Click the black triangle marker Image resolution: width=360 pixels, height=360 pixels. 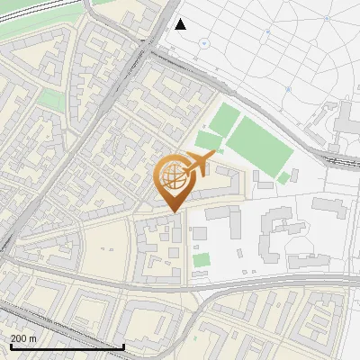[181, 24]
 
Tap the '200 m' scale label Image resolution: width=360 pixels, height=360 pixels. [23, 338]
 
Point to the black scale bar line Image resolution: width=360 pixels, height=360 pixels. [67, 346]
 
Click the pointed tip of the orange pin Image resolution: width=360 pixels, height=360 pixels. [175, 212]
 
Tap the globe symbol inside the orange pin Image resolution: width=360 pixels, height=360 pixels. [174, 178]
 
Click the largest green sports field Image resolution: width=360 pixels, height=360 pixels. [258, 144]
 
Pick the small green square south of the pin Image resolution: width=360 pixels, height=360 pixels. [202, 260]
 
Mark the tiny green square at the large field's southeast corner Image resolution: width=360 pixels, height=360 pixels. [284, 177]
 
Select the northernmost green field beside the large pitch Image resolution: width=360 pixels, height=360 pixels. [226, 118]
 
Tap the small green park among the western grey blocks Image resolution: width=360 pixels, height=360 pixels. [51, 100]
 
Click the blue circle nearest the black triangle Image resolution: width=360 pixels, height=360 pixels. [204, 42]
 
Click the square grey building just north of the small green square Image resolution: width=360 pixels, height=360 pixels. [200, 233]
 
